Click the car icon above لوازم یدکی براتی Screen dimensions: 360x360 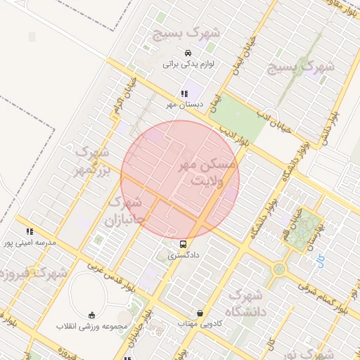[187, 53]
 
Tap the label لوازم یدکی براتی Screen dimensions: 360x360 [187, 64]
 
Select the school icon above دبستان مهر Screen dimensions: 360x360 [184, 94]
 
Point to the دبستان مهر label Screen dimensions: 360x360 [184, 105]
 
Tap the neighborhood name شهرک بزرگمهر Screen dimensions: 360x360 [91, 161]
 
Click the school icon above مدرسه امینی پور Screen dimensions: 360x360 [30, 231]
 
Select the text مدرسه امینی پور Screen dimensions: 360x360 [30, 243]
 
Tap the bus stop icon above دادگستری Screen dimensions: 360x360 [183, 245]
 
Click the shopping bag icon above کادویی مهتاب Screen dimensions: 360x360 [201, 313]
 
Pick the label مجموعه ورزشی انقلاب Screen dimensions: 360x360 [92, 327]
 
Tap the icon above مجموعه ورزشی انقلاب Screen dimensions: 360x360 [92, 315]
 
